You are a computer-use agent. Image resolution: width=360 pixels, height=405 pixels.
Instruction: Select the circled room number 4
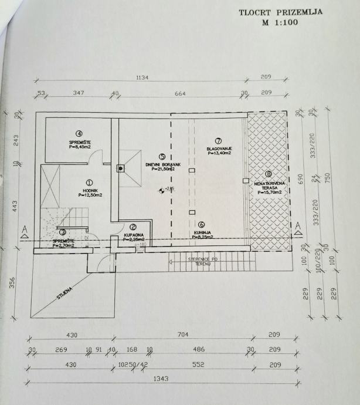78,133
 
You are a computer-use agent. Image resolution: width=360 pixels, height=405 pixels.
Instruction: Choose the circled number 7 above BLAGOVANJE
218,141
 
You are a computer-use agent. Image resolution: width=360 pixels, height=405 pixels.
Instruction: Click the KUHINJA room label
201,232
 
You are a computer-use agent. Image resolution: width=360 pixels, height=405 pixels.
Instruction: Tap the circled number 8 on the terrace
268,174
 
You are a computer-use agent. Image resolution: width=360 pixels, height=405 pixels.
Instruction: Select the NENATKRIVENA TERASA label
268,185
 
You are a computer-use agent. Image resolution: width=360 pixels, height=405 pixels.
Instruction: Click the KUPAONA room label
133,235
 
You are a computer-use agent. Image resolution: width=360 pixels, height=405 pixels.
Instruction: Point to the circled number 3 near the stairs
63,233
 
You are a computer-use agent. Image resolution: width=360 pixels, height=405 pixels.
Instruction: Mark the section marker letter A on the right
298,225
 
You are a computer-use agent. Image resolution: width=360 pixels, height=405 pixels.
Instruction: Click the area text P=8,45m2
79,146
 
